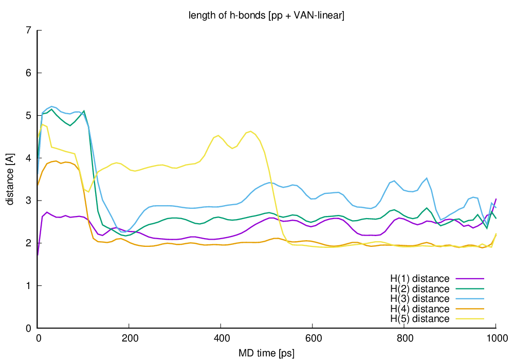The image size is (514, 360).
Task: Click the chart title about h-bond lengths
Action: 267,16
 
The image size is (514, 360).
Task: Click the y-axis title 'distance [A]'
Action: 10,179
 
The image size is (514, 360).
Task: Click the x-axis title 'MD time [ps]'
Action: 267,353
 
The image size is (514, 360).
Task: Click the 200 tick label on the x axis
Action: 130,339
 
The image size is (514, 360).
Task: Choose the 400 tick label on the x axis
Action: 221,339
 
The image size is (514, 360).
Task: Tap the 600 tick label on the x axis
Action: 313,339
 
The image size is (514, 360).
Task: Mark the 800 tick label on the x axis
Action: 404,339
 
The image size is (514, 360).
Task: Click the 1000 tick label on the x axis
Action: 495,339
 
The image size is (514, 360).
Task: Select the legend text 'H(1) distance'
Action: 420,279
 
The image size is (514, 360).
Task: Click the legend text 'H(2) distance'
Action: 420,289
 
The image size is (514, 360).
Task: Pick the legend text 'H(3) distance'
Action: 420,299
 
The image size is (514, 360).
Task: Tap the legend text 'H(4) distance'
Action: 420,309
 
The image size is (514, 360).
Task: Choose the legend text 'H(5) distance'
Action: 420,319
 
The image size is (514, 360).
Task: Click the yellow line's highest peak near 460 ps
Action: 250,131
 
